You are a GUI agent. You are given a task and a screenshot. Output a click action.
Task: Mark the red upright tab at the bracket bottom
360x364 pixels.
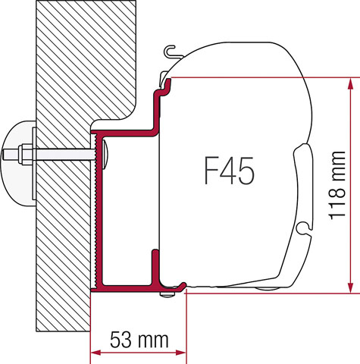pos(156,265)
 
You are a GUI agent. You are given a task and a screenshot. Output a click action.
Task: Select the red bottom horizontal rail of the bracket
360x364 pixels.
pos(129,287)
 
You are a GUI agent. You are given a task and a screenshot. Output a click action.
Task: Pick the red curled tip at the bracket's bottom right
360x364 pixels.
pos(183,285)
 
